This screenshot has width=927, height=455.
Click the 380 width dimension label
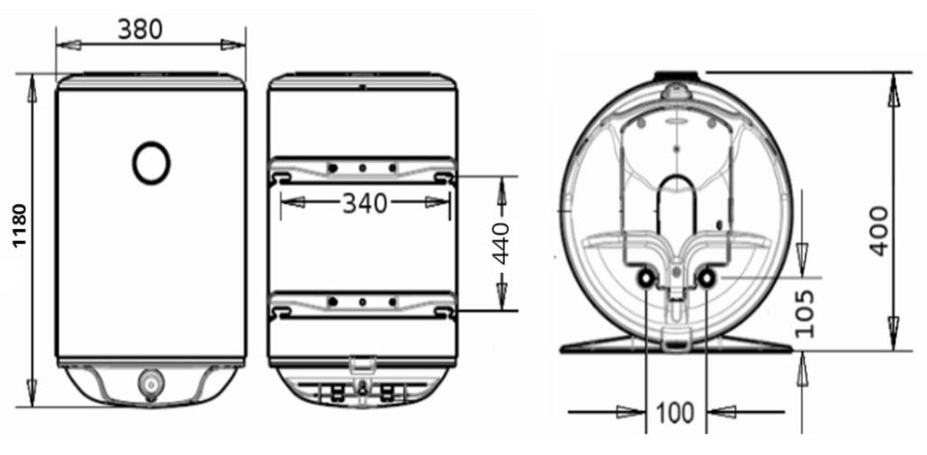coord(139,30)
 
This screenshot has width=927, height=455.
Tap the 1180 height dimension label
coord(20,225)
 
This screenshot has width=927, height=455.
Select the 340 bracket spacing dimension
coord(364,204)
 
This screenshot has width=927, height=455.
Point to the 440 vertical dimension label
coord(502,243)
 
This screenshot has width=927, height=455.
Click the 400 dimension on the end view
coord(878,231)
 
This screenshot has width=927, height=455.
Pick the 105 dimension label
coord(805,313)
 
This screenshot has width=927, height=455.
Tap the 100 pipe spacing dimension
coord(675,413)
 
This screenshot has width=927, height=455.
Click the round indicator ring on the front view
coord(151,163)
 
